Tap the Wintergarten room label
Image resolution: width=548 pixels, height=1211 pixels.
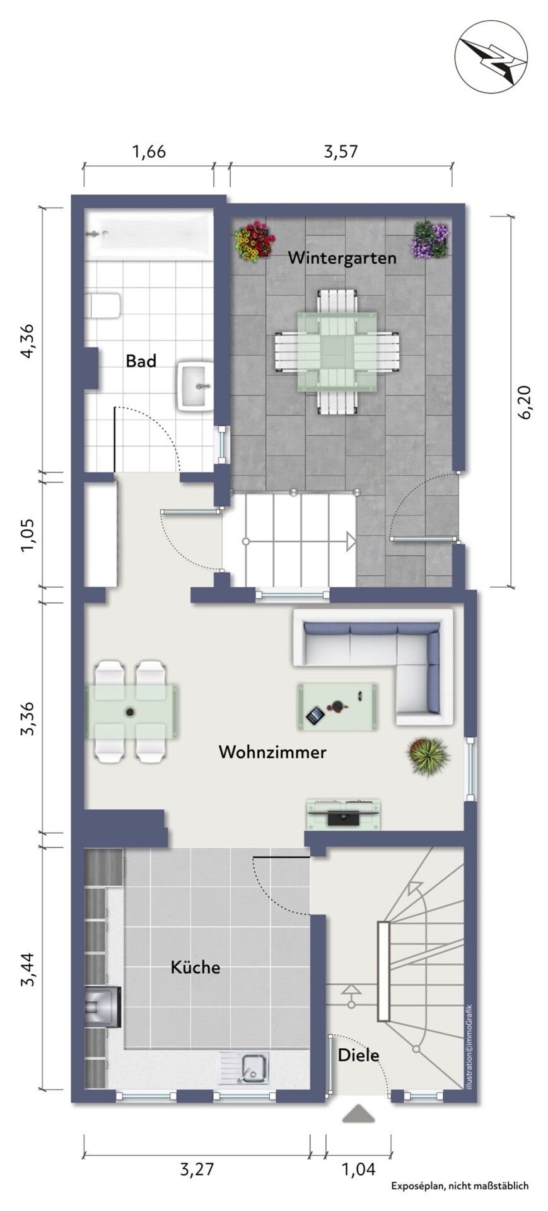[342, 258]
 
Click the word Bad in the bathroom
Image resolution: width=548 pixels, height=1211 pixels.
[141, 361]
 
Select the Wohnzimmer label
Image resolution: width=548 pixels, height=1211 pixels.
[272, 752]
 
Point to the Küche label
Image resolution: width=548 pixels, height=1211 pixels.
[195, 967]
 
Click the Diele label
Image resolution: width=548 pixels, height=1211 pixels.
[359, 1055]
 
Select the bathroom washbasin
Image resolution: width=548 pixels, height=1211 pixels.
[196, 386]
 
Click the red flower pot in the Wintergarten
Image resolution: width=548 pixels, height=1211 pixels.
[254, 241]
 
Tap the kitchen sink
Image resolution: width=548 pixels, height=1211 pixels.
[245, 1067]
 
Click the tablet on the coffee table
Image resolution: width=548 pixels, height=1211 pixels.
[315, 715]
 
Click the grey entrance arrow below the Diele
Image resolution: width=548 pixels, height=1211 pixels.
[358, 1114]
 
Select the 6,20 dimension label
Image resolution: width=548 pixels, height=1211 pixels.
[525, 401]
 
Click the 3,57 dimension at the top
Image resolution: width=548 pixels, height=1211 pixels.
[341, 151]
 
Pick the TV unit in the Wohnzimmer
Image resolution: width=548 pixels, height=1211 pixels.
[344, 814]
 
